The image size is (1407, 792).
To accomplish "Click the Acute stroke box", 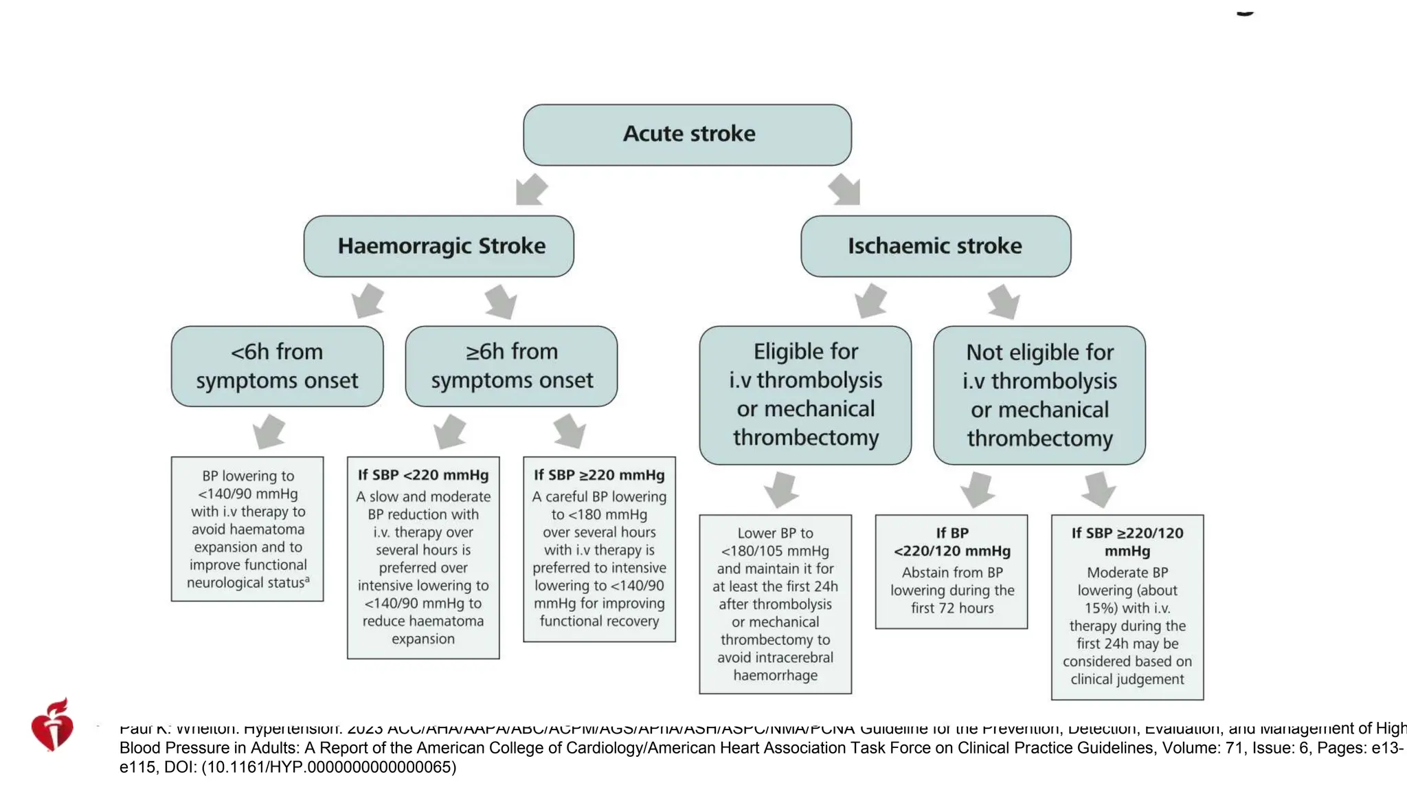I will [x=687, y=135].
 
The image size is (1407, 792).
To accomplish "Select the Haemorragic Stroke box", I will [x=439, y=246].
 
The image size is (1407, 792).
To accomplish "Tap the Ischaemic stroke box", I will [x=936, y=246].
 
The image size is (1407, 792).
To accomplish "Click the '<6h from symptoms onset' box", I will [x=277, y=366].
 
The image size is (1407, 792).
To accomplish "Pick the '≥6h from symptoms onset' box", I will [x=511, y=366].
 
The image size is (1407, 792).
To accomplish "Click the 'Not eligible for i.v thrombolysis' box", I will [x=1039, y=395].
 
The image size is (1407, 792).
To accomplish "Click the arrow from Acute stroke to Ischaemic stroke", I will [x=845, y=190].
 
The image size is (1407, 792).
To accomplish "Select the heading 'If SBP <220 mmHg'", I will [x=423, y=475].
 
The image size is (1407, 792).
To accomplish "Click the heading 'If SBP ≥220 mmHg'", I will [x=599, y=475].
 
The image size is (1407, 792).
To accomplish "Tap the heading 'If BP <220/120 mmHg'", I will [x=952, y=542].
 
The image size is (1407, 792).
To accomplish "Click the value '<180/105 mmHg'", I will [x=775, y=551].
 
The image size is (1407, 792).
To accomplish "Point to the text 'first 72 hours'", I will [x=952, y=608].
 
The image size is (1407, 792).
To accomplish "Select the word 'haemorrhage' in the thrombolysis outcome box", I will [x=775, y=675].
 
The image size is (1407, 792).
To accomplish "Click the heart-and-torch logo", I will [x=52, y=725].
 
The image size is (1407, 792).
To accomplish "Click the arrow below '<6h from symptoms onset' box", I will [x=269, y=432].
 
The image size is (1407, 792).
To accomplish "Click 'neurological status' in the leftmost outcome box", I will [x=245, y=583].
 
